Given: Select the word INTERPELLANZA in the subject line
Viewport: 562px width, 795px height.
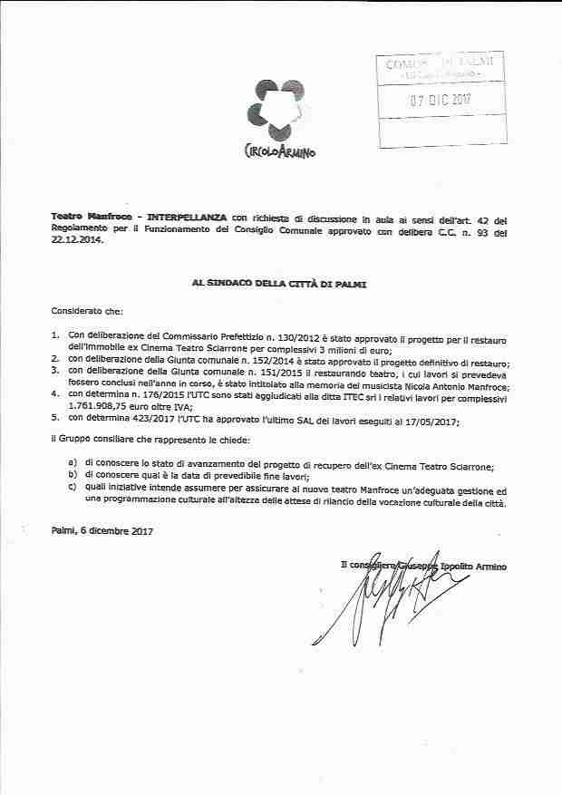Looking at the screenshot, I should point(188,218).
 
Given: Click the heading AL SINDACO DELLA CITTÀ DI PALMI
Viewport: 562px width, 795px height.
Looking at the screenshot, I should point(281,284).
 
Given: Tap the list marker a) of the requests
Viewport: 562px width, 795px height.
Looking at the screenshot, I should point(73,465).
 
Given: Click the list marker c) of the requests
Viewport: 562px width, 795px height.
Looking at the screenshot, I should point(73,490).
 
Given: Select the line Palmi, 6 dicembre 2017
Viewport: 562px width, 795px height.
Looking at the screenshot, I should point(102,530).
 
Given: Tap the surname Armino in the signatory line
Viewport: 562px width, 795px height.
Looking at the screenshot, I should point(488,566).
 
